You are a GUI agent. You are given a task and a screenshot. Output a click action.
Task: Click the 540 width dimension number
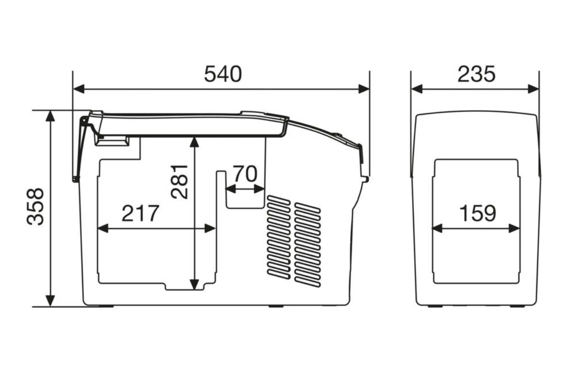[223, 74]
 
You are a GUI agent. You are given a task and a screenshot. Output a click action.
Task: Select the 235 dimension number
[476, 74]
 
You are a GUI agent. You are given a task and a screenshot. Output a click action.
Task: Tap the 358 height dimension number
[35, 206]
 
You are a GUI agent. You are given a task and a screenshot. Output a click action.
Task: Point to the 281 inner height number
[179, 182]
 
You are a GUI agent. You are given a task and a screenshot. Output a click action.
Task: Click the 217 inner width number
[140, 213]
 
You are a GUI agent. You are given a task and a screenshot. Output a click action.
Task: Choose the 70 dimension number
[245, 174]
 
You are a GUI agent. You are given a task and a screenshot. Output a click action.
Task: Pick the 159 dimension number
[478, 213]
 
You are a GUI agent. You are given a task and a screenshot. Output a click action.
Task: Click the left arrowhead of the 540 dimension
[79, 89]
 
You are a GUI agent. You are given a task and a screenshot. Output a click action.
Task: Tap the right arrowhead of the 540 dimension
[364, 89]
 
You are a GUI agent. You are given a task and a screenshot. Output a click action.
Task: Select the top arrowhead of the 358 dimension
[50, 116]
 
